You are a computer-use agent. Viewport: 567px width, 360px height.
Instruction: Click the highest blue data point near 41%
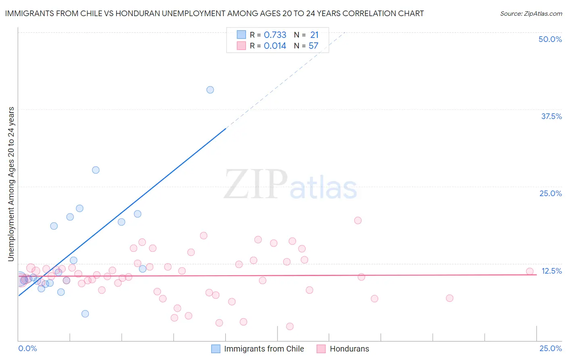[x=210, y=90]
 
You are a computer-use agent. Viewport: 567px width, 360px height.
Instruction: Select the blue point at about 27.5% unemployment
[x=96, y=170]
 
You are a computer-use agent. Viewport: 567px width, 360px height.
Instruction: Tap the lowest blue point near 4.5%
[x=85, y=314]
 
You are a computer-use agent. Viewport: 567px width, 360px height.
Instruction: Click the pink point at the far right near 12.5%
[x=530, y=272]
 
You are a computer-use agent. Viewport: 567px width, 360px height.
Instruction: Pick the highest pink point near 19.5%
[x=358, y=220]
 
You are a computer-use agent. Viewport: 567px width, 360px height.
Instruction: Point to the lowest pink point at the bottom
[x=290, y=326]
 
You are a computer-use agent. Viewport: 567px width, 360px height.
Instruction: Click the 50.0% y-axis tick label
[x=550, y=39]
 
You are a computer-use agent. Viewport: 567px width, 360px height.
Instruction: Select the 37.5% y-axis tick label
[x=551, y=116]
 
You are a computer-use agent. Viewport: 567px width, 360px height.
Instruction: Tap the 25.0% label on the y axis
[x=550, y=193]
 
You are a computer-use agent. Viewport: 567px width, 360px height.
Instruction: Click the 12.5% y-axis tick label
[x=551, y=271]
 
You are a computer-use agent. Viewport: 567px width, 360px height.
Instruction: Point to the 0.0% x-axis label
[x=27, y=348]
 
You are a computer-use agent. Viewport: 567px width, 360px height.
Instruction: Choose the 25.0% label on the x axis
[x=550, y=348]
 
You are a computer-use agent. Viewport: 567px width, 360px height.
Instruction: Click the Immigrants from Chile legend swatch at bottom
[x=216, y=349]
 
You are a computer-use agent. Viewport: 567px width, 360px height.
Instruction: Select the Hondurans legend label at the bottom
[x=349, y=349]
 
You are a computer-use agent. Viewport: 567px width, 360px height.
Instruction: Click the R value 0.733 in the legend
[x=275, y=35]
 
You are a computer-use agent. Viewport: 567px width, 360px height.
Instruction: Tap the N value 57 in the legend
[x=313, y=46]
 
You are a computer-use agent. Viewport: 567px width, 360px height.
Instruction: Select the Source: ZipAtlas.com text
[x=531, y=13]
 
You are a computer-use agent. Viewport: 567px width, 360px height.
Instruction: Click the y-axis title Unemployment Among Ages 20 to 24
[x=11, y=184]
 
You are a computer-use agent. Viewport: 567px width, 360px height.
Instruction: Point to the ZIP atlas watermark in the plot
[x=290, y=185]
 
